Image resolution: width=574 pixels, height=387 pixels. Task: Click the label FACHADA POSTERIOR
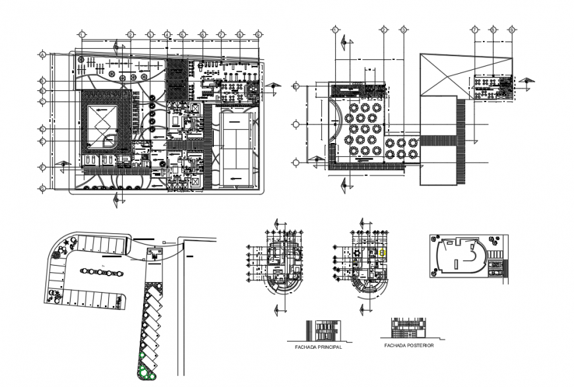pos(408,344)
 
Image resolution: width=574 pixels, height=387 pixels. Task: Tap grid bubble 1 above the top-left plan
pos(82,34)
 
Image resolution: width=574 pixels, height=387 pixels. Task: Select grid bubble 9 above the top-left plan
pos(258,34)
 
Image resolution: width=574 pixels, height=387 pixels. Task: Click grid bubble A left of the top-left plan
pos(42,55)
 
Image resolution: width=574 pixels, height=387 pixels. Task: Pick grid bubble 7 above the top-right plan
pos(474,30)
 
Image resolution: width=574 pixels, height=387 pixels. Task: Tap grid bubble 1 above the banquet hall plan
pos(335,30)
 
